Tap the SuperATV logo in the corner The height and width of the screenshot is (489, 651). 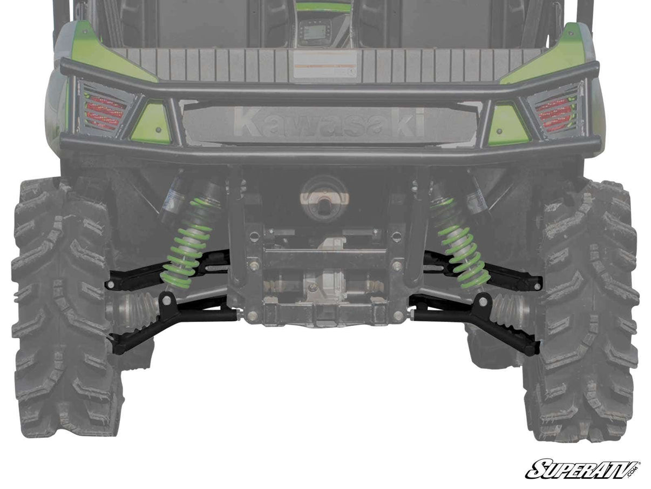[582, 469]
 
